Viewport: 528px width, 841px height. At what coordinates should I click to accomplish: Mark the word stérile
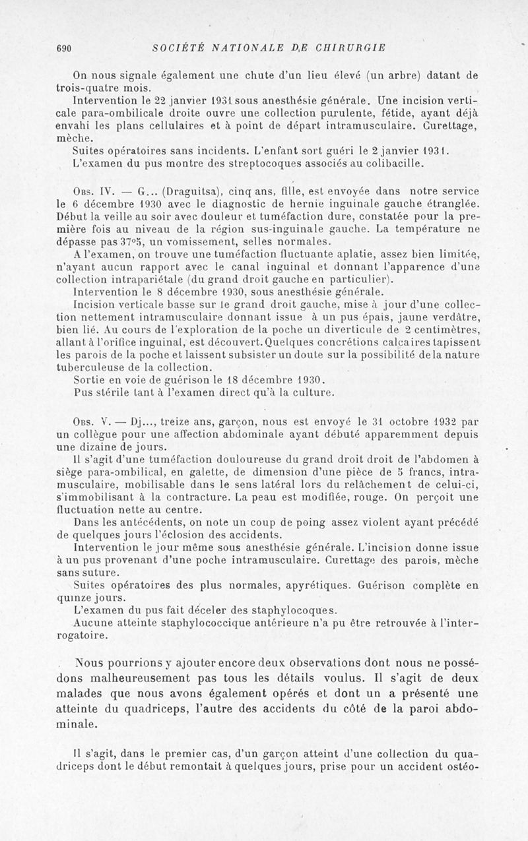point(110,392)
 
